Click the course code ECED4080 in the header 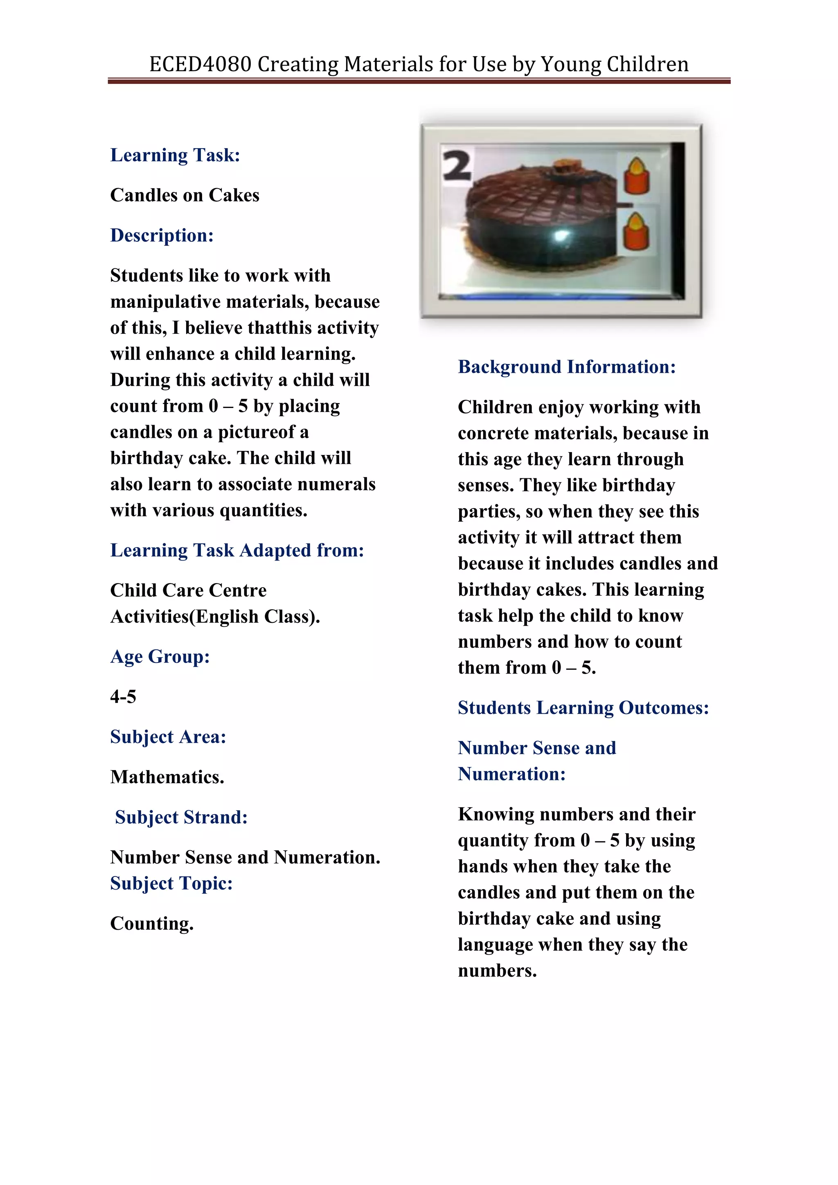(200, 65)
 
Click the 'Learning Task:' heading (175, 155)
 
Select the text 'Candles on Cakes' (184, 195)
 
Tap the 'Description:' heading (162, 235)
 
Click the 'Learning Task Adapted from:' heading (237, 550)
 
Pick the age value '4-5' (123, 697)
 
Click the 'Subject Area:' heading (168, 737)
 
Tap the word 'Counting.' (152, 924)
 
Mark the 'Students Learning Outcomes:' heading (583, 707)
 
